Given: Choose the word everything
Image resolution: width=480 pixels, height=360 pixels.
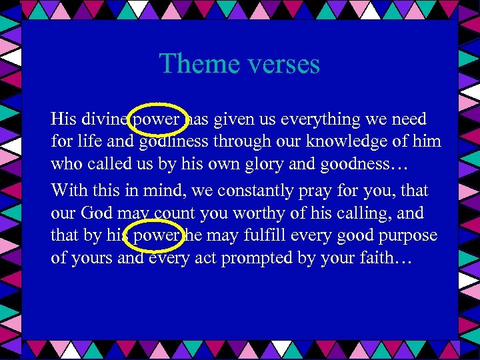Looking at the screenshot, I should click(x=318, y=120).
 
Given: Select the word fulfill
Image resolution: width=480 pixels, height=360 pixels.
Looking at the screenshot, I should click(x=255, y=236).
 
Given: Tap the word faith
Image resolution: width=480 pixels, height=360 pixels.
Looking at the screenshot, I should click(x=377, y=258).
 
